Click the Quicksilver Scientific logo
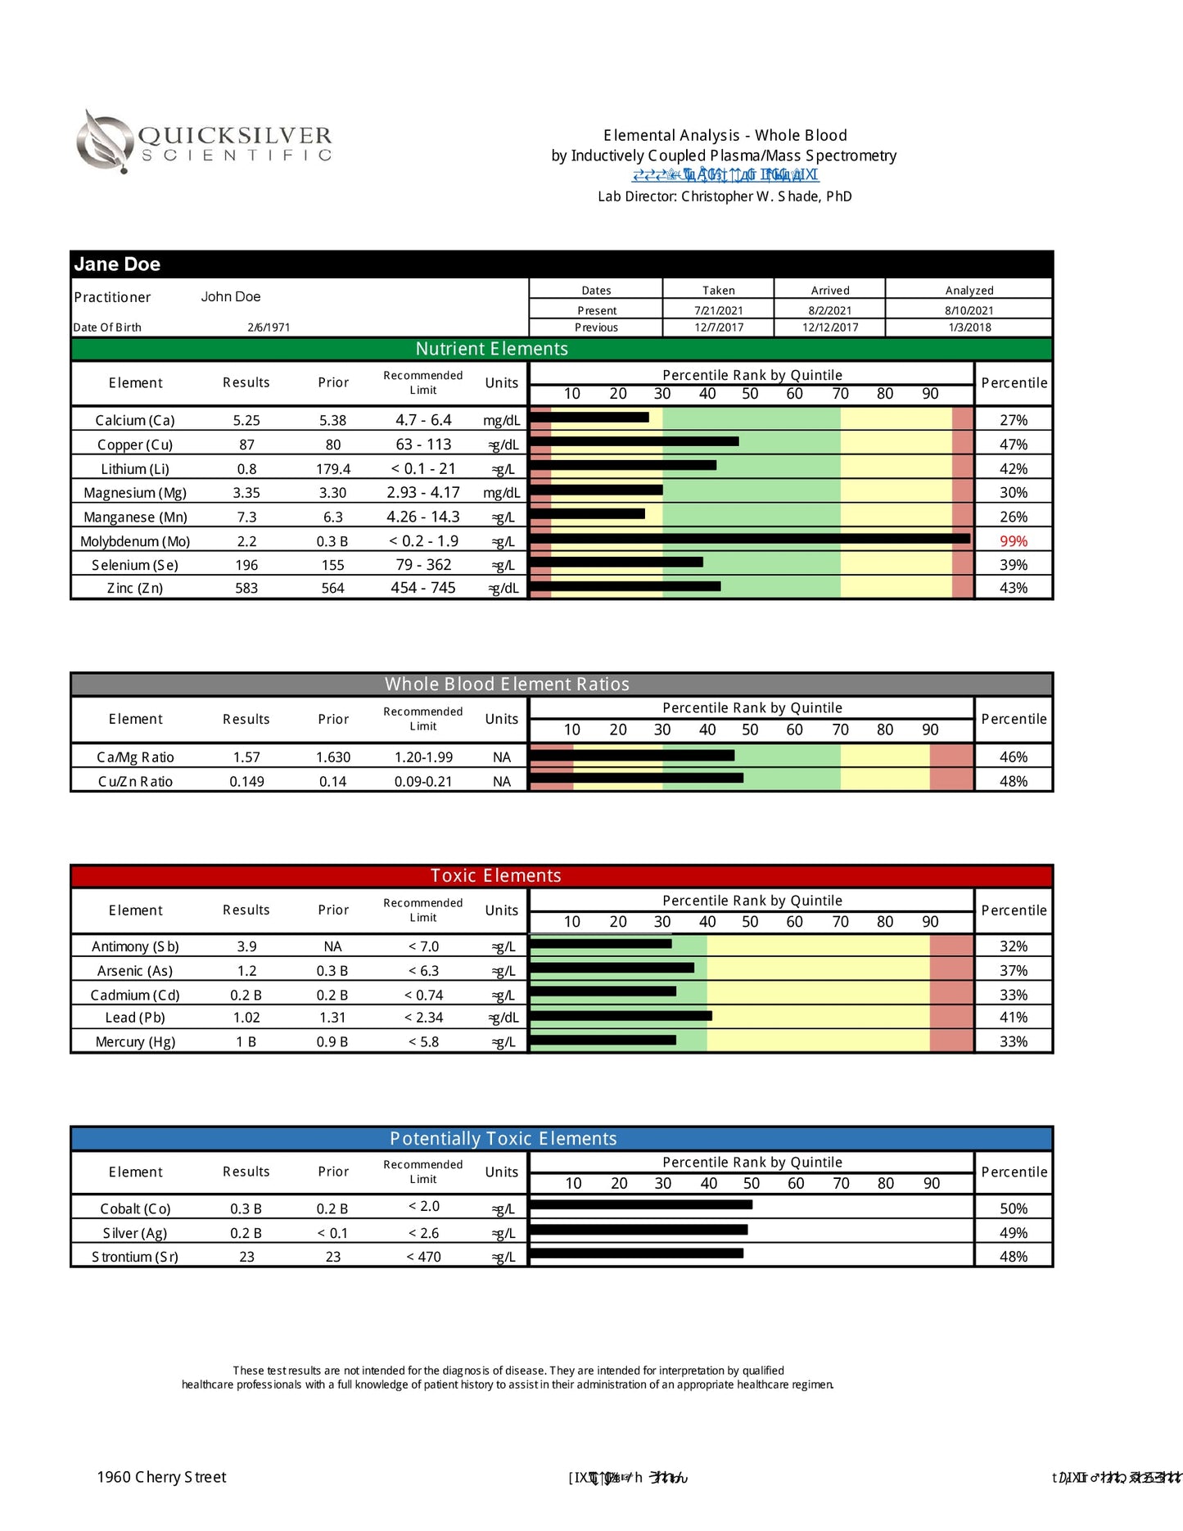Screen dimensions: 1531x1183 pos(205,141)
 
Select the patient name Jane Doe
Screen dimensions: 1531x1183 pos(117,264)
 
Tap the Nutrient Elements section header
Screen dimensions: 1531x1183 pos(491,349)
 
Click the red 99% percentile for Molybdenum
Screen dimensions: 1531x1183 pos(1013,541)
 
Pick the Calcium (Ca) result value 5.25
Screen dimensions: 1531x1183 pos(246,421)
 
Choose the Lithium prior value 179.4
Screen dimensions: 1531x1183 pos(333,469)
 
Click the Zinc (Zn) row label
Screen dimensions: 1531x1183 pos(135,589)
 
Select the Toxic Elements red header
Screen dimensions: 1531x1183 pos(495,876)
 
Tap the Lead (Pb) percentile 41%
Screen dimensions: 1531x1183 pos(1013,1018)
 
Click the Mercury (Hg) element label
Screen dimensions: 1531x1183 pos(135,1042)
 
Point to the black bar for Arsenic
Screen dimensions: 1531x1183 pos(612,968)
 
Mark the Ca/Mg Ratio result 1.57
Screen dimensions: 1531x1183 pos(246,757)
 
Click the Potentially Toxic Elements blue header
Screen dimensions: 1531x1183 pos(503,1139)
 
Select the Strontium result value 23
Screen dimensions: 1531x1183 pos(246,1257)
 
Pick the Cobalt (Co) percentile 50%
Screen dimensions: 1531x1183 pos(1013,1209)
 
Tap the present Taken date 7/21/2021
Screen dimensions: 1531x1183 pos(718,311)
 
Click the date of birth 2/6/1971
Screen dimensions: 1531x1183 pos(269,327)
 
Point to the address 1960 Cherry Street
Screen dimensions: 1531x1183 pos(161,1477)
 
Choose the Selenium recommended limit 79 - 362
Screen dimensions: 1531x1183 pos(423,565)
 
